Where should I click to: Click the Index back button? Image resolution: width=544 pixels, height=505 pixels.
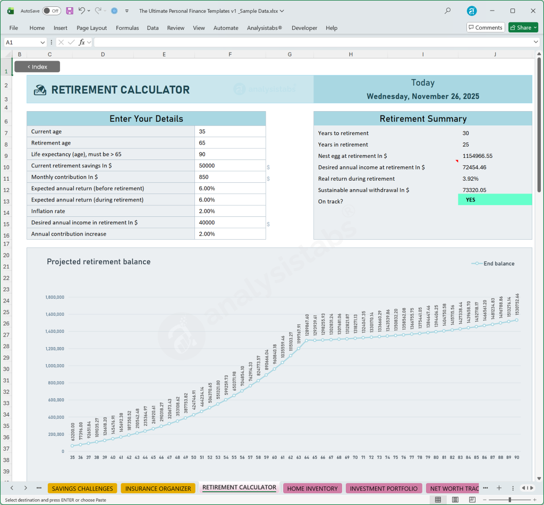[x=37, y=67]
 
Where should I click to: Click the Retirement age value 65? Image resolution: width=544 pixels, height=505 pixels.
[x=202, y=143]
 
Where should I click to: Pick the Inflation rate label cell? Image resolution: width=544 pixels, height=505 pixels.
[x=48, y=212]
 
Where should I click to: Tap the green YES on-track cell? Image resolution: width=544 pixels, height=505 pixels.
[x=494, y=200]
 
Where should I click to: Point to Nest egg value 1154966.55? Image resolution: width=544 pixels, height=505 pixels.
[x=477, y=156]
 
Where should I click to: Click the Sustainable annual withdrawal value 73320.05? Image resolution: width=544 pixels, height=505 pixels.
[x=474, y=190]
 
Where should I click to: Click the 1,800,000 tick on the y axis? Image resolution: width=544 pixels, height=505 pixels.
[x=55, y=297]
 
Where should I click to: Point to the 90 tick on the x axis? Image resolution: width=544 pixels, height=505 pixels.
[x=516, y=457]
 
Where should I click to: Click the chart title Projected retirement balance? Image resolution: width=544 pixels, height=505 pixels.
[x=98, y=262]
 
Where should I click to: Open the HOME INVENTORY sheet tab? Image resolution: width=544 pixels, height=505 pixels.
[x=312, y=489]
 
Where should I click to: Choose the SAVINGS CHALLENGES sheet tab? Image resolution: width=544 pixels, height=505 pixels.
[x=82, y=489]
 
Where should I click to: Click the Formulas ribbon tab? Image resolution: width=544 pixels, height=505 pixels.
[x=127, y=28]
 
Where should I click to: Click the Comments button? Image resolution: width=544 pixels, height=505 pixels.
[x=486, y=28]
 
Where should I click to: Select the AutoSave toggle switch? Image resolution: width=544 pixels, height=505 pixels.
[x=52, y=11]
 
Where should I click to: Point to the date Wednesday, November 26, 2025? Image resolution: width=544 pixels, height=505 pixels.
[x=423, y=97]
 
